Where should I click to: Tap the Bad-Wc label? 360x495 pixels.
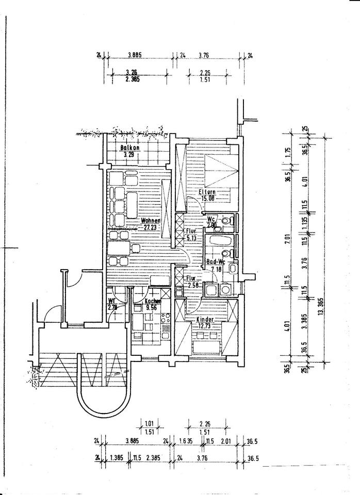pyautogui.click(x=214, y=262)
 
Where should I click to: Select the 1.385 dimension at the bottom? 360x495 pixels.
pyautogui.click(x=117, y=457)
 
